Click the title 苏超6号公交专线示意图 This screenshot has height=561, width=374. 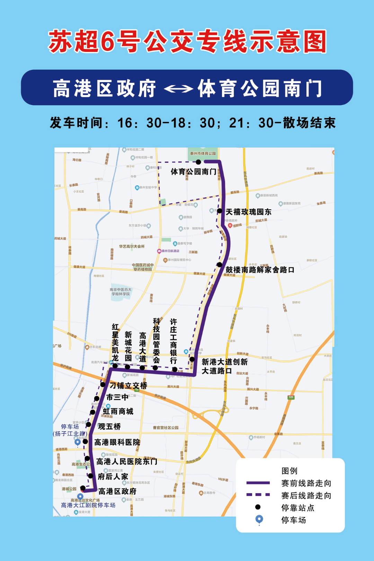[x=187, y=41]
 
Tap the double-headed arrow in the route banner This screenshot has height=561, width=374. [x=178, y=89]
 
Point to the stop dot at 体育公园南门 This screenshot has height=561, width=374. [x=198, y=162]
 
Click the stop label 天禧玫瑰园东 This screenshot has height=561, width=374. [x=248, y=212]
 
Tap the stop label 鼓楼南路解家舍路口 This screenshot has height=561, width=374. [x=260, y=270]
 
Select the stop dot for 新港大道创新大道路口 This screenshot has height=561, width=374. [x=192, y=359]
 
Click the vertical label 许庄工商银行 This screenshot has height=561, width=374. [x=173, y=341]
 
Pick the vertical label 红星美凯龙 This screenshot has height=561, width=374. [x=115, y=343]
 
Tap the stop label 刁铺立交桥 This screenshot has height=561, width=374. [x=128, y=385]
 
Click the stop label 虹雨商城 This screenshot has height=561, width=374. [x=118, y=411]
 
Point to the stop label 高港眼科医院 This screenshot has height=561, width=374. [x=117, y=442]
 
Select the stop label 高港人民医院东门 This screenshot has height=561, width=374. [x=127, y=462]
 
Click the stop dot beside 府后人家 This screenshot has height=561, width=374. [x=91, y=476]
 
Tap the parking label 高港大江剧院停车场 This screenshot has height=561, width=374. [x=88, y=505]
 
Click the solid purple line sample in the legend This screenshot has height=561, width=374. [x=258, y=483]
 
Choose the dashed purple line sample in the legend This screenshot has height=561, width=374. [x=258, y=495]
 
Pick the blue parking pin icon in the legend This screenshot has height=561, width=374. [x=259, y=519]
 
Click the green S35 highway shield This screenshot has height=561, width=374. [x=291, y=397]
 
